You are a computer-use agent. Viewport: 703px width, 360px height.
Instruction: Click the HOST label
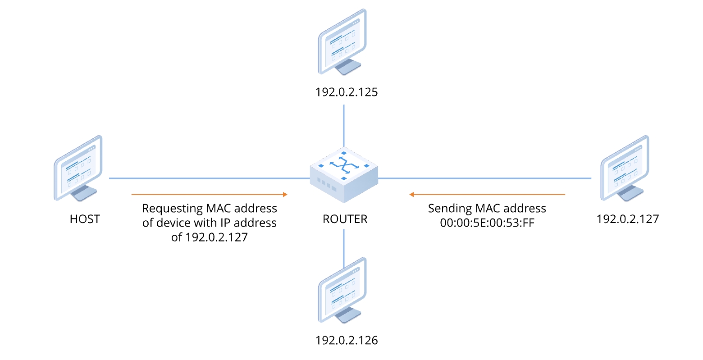click(x=85, y=219)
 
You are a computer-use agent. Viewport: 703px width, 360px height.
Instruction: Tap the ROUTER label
click(x=345, y=219)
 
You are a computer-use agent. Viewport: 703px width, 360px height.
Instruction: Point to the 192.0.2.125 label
click(x=346, y=92)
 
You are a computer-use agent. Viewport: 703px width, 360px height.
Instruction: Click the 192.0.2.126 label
click(x=346, y=340)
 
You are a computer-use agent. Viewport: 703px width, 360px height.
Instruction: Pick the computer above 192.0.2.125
click(x=342, y=42)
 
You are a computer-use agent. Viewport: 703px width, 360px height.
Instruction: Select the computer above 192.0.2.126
click(x=342, y=290)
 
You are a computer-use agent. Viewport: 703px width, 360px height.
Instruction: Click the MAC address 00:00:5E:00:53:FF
click(x=487, y=223)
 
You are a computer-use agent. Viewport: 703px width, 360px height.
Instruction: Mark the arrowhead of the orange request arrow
click(x=285, y=195)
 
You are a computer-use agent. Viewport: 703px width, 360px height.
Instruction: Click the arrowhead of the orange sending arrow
click(x=411, y=195)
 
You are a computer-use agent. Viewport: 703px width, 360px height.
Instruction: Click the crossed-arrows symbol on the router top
click(x=344, y=166)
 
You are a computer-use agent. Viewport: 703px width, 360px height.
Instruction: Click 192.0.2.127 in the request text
click(x=216, y=237)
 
